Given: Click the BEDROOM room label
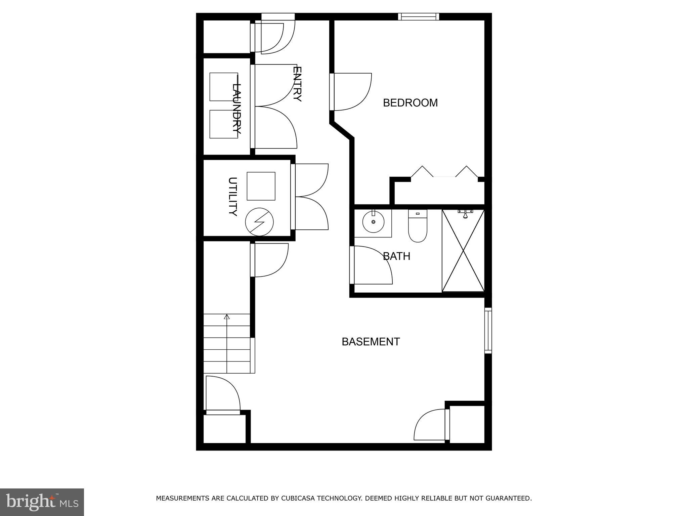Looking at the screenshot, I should tap(410, 103).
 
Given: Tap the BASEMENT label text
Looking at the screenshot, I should tap(371, 342).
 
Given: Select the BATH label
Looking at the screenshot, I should tap(396, 256).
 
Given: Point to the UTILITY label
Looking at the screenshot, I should tap(232, 197).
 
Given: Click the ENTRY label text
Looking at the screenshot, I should tap(297, 84).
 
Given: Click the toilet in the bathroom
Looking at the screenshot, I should tap(417, 226).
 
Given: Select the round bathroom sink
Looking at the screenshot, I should tap(373, 222).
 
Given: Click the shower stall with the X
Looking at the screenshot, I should tap(463, 251).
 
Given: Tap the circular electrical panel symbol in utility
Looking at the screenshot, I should tap(259, 222).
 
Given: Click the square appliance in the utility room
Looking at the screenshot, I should tap(261, 186).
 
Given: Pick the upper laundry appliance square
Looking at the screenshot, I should tap(223, 87).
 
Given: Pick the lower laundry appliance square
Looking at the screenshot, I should tap(223, 124).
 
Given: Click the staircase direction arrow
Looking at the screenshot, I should tap(227, 317).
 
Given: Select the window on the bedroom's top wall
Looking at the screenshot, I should tap(419, 16).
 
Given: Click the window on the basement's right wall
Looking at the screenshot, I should tap(488, 331).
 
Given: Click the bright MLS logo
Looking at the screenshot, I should tap(42, 502).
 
